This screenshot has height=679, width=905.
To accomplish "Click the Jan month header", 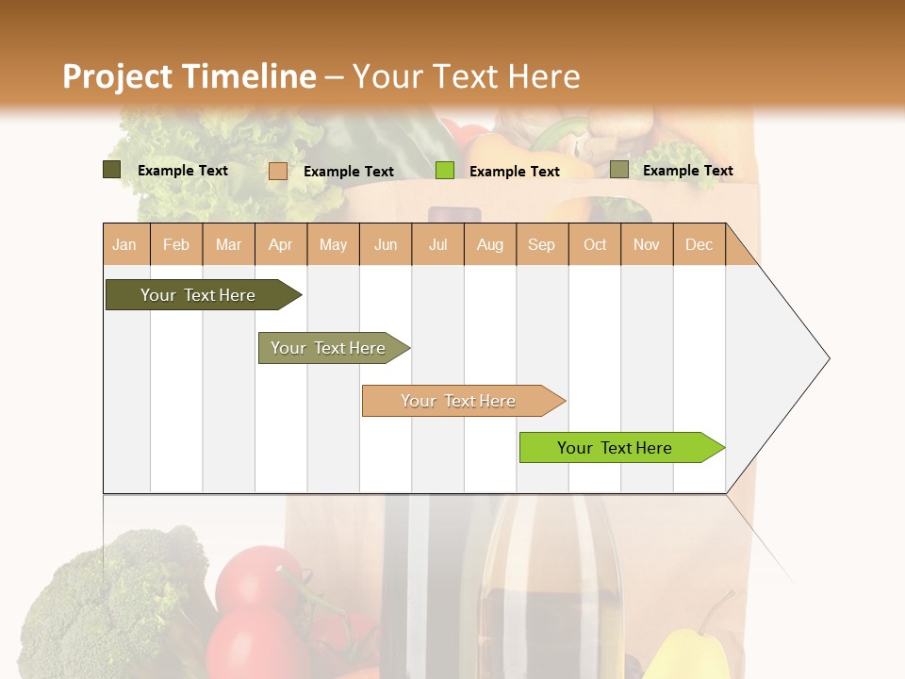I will pos(124,245).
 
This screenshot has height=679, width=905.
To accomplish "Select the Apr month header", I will pos(280,245).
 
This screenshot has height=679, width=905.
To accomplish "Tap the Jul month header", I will pos(437,245).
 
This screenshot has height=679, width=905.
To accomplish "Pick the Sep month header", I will pos(541,245).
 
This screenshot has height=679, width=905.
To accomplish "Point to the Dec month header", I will pos(699,245).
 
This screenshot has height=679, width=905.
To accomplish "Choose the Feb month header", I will pos(176,245).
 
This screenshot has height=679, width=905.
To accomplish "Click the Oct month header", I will pos(595,245).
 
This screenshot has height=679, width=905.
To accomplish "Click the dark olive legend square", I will pos(112,170).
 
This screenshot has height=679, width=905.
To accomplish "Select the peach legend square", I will pos(278,171).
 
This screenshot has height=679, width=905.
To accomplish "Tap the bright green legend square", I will pos(445,170).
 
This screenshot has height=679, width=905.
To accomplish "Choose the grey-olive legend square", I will pos(619,170).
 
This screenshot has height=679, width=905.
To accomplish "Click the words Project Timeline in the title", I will pos(189,76).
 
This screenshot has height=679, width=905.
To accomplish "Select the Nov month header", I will pos(647,245).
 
